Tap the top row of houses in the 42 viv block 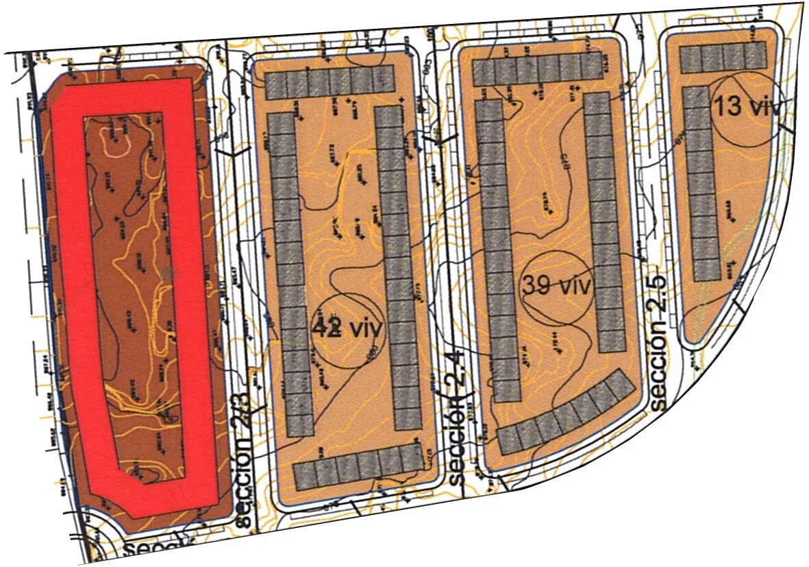pyautogui.click(x=330, y=83)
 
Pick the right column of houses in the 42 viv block pyautogui.click(x=399, y=267)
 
